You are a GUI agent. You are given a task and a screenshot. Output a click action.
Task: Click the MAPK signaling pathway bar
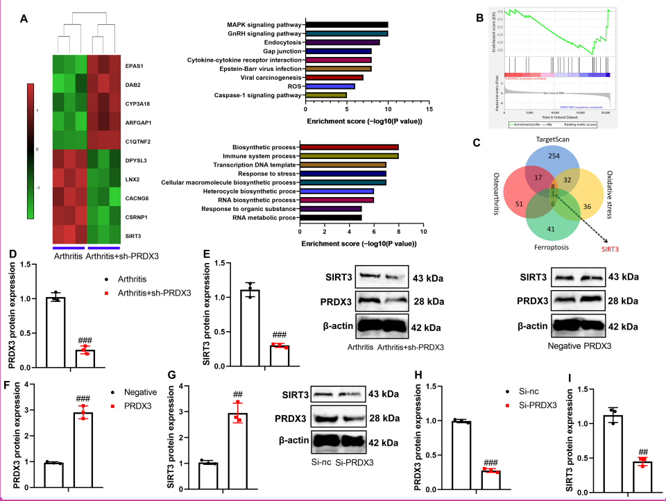[346, 24]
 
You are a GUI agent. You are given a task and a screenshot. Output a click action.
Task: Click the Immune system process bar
[348, 155]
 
